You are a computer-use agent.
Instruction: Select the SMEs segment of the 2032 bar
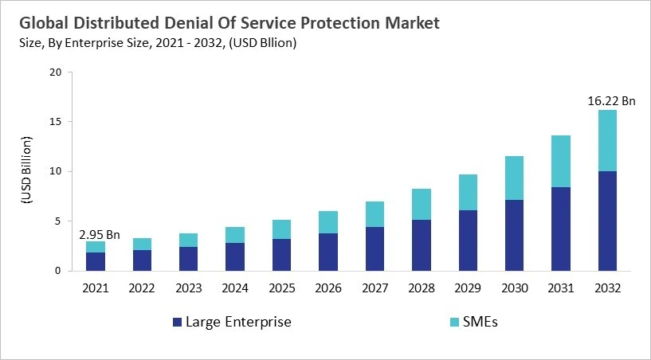(607, 140)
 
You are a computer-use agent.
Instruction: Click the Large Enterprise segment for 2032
(607, 221)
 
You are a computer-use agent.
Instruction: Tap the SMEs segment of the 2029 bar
(468, 192)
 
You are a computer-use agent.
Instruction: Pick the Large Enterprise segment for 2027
(375, 248)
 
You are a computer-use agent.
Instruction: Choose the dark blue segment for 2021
(96, 261)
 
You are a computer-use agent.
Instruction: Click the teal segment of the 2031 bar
(560, 161)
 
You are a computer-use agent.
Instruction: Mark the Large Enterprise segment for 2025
(282, 254)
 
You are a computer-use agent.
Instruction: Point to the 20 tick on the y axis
(55, 72)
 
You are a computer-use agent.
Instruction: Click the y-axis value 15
(55, 122)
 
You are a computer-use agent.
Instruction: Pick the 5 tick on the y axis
(58, 221)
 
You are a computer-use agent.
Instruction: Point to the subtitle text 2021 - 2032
(190, 43)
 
